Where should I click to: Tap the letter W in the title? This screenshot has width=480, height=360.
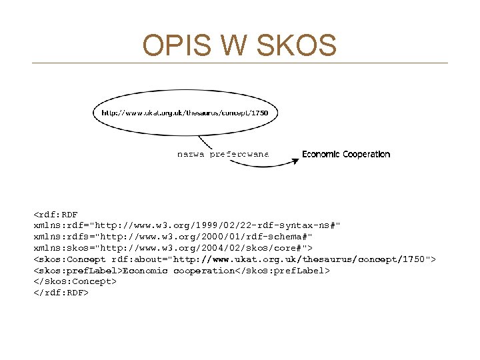[x=231, y=45]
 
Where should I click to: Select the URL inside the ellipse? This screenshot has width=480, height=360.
[x=185, y=113]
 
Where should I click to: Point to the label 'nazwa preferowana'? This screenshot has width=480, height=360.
[x=223, y=154]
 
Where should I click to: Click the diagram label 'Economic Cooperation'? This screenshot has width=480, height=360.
[x=346, y=154]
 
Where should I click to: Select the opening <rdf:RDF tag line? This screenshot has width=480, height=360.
[x=56, y=214]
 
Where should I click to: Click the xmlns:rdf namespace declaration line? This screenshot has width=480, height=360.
[x=187, y=225]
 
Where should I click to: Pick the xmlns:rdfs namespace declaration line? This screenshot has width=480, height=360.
[x=173, y=237]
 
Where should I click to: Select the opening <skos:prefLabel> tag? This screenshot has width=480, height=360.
[x=78, y=270]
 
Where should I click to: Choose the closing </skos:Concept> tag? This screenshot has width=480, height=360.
[x=75, y=281]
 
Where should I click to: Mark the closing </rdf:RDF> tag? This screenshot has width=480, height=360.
[x=61, y=292]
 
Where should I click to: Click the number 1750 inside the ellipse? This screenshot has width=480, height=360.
[x=259, y=113]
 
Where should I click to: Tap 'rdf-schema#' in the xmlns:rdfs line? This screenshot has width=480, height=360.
[x=281, y=237]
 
